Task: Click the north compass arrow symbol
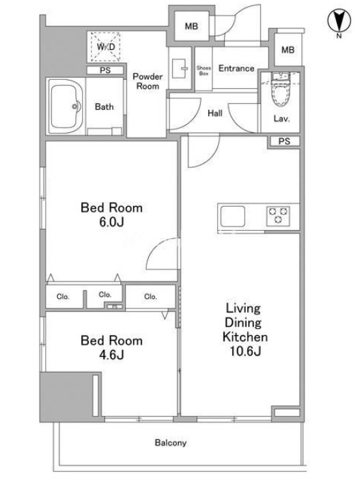[339, 21]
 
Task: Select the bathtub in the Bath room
[65, 106]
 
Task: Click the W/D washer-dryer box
[105, 47]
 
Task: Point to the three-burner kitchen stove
[278, 216]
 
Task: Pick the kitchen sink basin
[233, 216]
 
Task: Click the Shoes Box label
[204, 70]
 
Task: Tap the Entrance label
[236, 68]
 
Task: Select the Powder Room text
[148, 81]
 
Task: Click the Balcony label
[171, 443]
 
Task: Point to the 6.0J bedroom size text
[111, 222]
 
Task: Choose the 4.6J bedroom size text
[111, 354]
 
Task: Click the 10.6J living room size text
[245, 351]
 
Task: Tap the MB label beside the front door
[191, 27]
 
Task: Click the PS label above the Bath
[105, 70]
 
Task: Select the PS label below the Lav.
[284, 141]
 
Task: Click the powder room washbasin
[180, 65]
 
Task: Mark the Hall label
[215, 113]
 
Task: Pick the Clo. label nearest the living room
[150, 296]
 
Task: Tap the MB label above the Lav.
[288, 50]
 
